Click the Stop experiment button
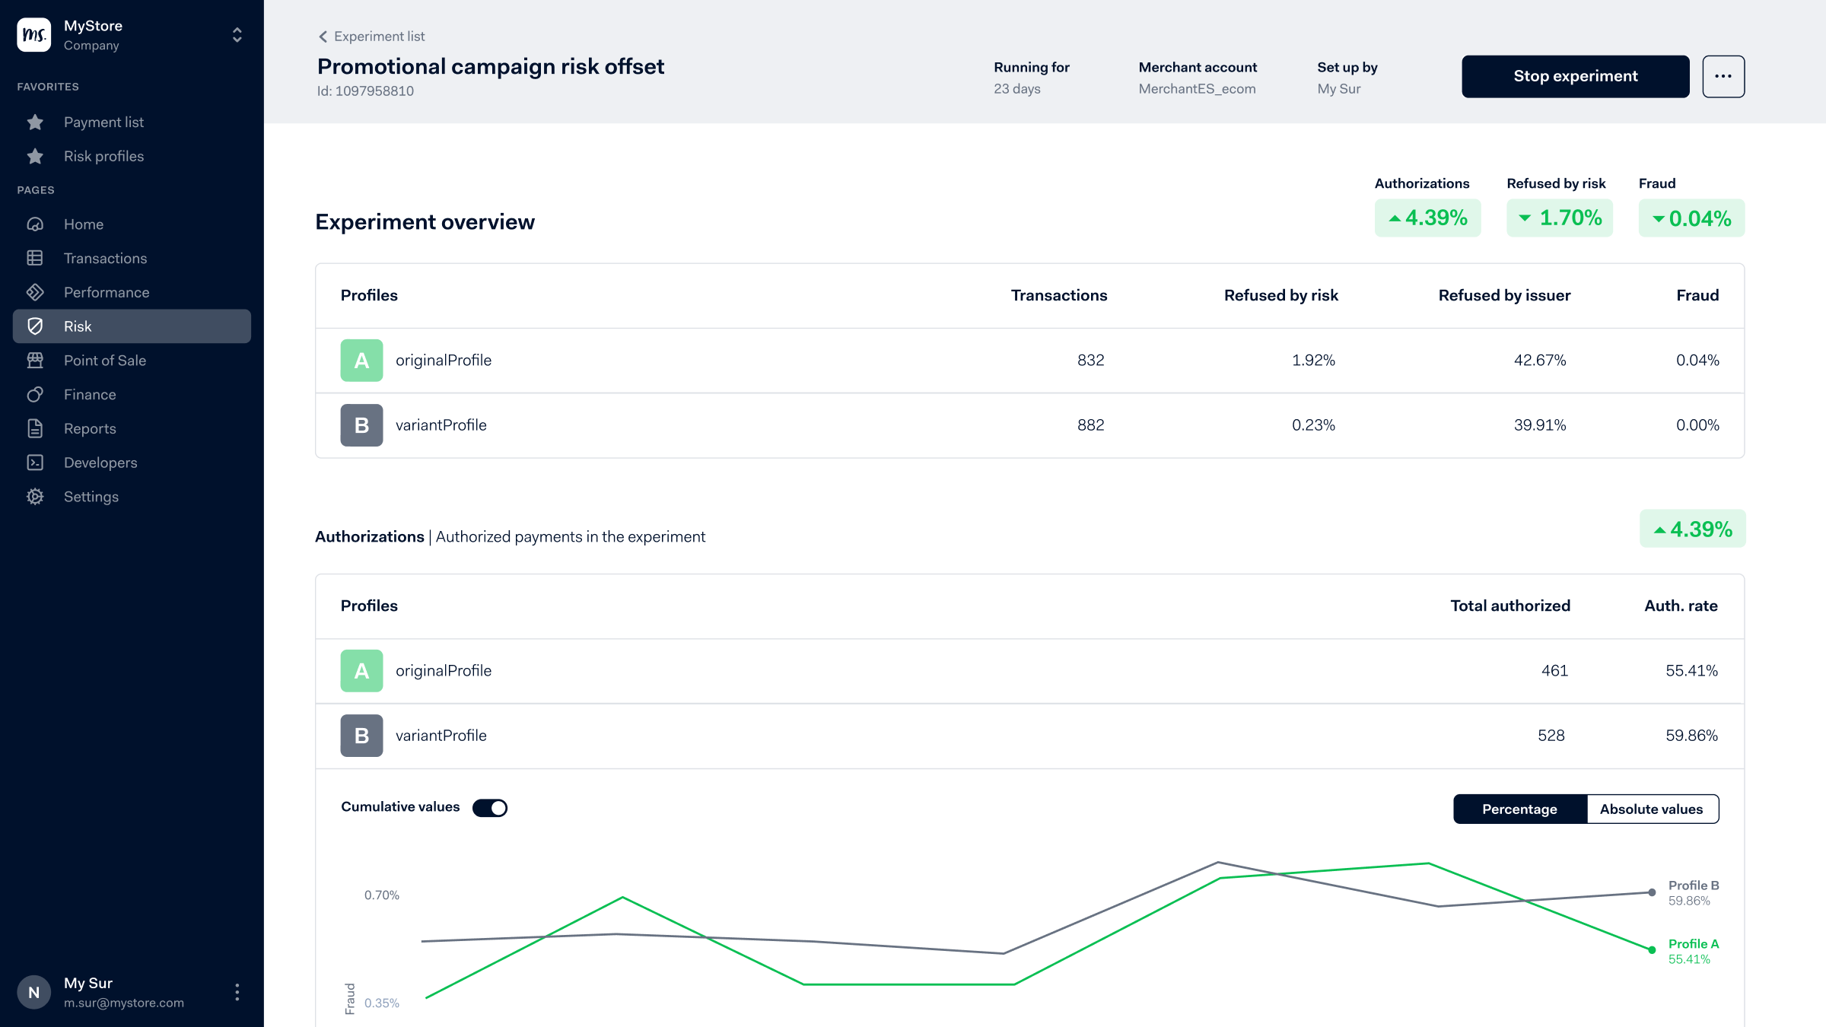[x=1575, y=76]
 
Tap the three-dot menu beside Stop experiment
[x=1723, y=76]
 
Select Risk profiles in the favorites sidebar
[x=103, y=156]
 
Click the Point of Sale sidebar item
[x=104, y=361]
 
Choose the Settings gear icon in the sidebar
[x=35, y=497]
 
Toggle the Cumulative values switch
[x=490, y=808]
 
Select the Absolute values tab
[x=1651, y=809]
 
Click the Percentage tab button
[x=1519, y=809]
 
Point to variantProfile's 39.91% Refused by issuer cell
[x=1539, y=425]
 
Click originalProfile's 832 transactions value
[x=1090, y=361]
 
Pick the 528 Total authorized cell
[x=1551, y=736]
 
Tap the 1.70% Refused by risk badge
[x=1559, y=218]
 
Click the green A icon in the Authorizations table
[x=361, y=671]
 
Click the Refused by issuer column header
[x=1503, y=295]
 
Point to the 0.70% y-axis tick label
[x=381, y=895]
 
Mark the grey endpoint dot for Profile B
[x=1652, y=892]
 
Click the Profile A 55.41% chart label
[x=1693, y=952]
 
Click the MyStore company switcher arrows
[x=237, y=35]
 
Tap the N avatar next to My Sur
[x=33, y=992]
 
